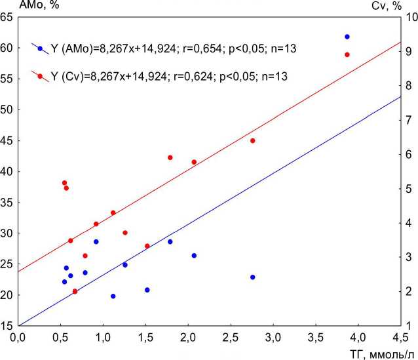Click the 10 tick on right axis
(409, 18)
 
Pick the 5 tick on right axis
(409, 189)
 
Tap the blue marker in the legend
(41, 49)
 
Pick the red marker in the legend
(41, 77)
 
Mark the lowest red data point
(75, 291)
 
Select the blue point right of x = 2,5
(252, 277)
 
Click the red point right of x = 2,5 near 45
(252, 140)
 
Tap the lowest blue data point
(113, 296)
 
